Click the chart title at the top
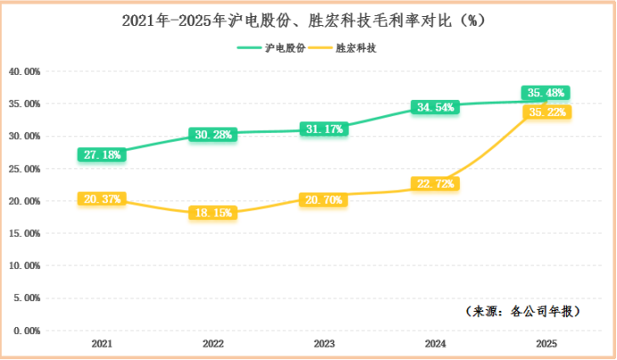click(308, 20)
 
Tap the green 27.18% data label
click(102, 154)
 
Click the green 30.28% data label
click(213, 135)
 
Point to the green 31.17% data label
click(324, 129)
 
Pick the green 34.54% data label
click(435, 108)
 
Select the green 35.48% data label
click(546, 93)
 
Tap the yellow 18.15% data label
click(212, 214)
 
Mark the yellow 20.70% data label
click(324, 200)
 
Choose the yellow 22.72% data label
click(435, 184)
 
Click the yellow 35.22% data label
click(546, 112)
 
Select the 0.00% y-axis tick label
click(26, 331)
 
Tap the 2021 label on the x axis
click(102, 344)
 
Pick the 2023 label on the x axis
click(324, 344)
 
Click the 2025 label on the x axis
click(546, 344)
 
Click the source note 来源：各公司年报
click(524, 311)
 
